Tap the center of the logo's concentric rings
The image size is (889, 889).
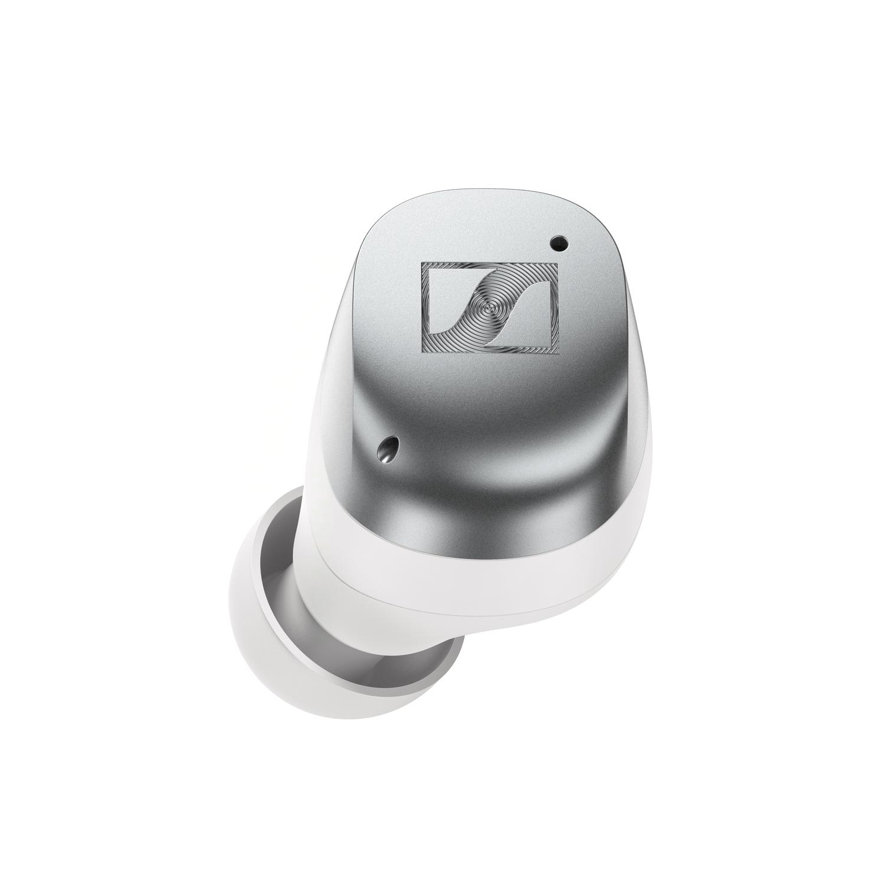tap(490, 307)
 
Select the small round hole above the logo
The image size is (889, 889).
tap(558, 241)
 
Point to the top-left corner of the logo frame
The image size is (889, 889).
tap(423, 263)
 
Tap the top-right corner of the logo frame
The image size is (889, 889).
tap(557, 263)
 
